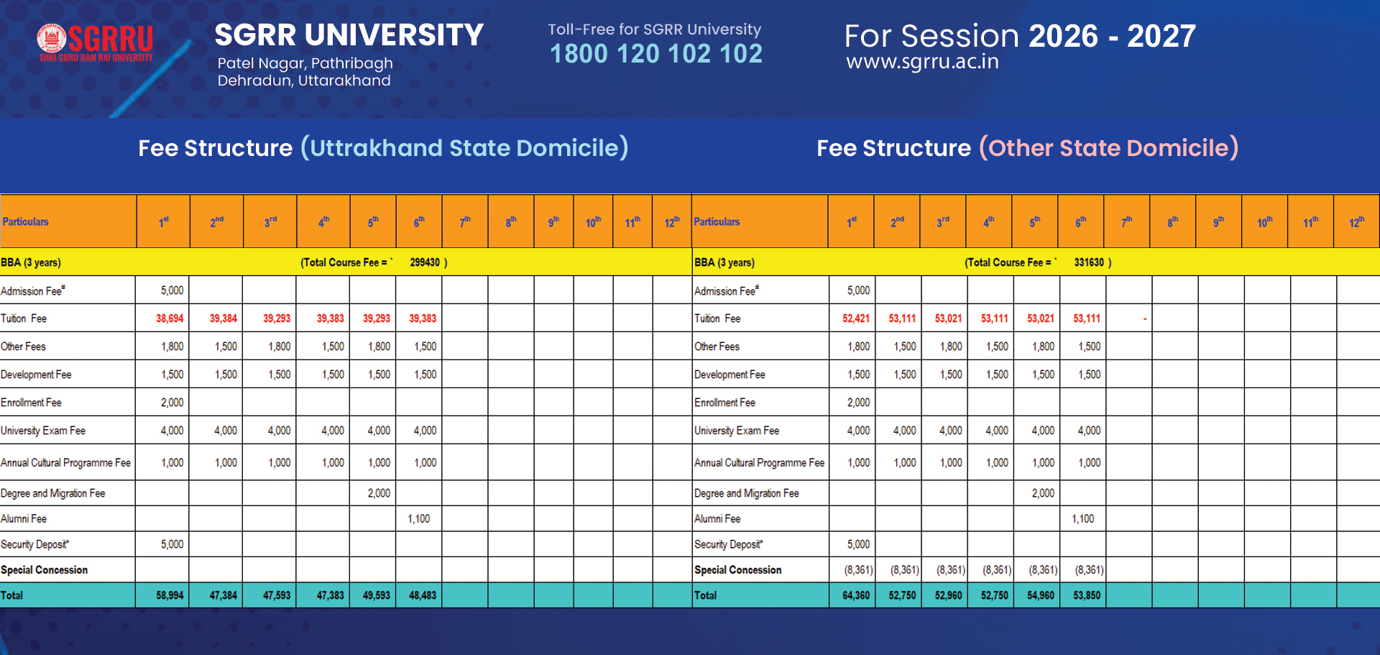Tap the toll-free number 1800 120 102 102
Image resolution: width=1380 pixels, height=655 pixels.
pyautogui.click(x=655, y=54)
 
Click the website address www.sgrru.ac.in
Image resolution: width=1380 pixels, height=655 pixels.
pyautogui.click(x=922, y=62)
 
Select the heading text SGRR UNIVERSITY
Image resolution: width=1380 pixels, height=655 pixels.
pyautogui.click(x=349, y=35)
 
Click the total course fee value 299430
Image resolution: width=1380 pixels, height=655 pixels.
pyautogui.click(x=425, y=262)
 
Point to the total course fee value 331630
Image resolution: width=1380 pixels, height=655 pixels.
pyautogui.click(x=1089, y=262)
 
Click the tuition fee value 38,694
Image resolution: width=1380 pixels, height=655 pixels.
pyautogui.click(x=170, y=319)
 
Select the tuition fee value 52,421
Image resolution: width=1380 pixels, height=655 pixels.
pyautogui.click(x=856, y=319)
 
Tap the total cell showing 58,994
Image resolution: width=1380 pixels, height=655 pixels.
pyautogui.click(x=170, y=595)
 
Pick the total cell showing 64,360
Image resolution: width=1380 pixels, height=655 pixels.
pyautogui.click(x=856, y=595)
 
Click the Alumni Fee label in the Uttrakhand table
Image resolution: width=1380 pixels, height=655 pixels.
pyautogui.click(x=24, y=518)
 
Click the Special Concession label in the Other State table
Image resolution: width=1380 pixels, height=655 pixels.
pyautogui.click(x=737, y=569)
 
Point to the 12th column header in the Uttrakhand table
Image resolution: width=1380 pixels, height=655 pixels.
pyautogui.click(x=671, y=222)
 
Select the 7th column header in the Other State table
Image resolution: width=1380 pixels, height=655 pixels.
pyautogui.click(x=1126, y=222)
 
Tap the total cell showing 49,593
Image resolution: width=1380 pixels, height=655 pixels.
pyautogui.click(x=377, y=595)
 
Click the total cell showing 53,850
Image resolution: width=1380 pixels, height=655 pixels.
pyautogui.click(x=1087, y=595)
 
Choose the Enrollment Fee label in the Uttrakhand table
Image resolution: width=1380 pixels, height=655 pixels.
pyautogui.click(x=31, y=403)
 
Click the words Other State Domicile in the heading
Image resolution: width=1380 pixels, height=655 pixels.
pyautogui.click(x=1108, y=148)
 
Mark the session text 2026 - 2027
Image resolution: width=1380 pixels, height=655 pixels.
pyautogui.click(x=1112, y=36)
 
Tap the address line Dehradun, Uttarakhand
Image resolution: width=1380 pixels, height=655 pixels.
pyautogui.click(x=304, y=81)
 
